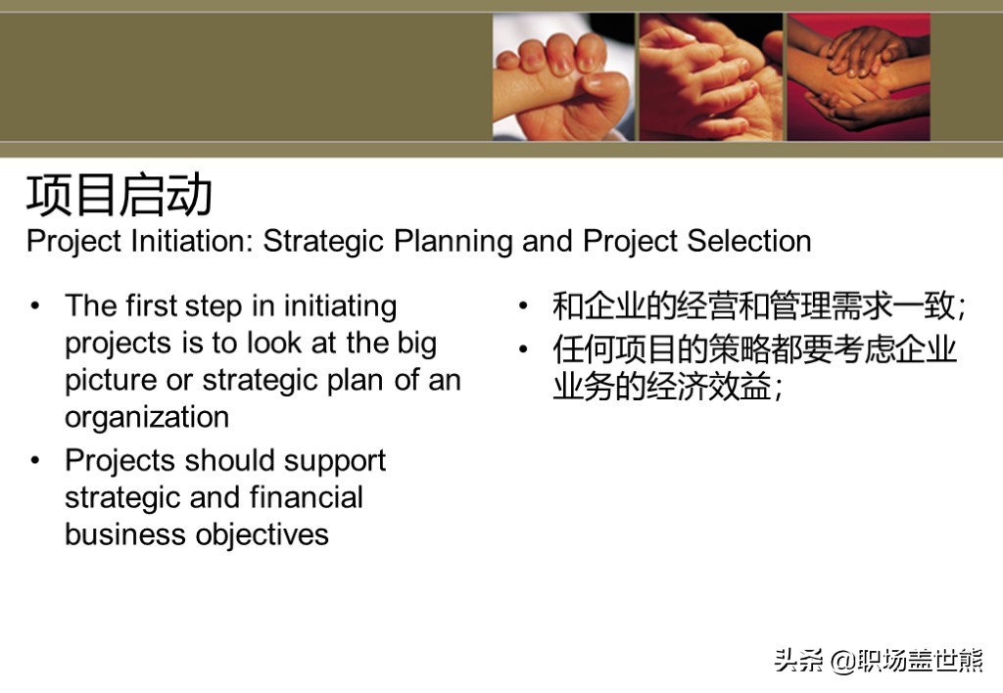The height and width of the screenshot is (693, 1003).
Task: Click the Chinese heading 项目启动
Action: (119, 195)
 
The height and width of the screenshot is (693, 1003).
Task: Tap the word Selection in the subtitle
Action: (749, 241)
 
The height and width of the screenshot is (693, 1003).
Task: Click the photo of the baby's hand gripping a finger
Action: (563, 76)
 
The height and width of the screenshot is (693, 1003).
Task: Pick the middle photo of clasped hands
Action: (711, 76)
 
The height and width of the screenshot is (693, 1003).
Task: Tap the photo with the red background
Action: (858, 76)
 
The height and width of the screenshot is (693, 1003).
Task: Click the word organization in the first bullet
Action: (147, 418)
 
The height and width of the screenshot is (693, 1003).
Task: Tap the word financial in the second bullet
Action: (307, 497)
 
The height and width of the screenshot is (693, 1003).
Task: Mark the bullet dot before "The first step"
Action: (35, 305)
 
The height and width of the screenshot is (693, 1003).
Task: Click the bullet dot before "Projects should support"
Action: (35, 460)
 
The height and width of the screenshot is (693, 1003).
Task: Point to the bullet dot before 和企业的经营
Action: (523, 305)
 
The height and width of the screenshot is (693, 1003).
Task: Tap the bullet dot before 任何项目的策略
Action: (523, 349)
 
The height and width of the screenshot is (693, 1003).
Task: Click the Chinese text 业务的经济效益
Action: (663, 387)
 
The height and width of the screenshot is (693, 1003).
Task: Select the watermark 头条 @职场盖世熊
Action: (879, 661)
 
